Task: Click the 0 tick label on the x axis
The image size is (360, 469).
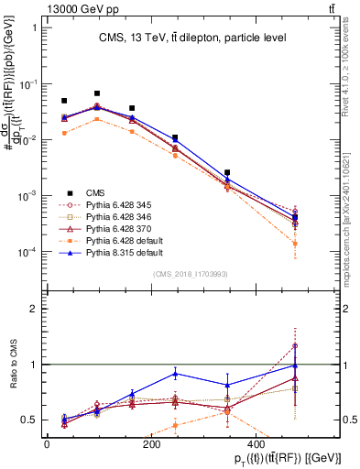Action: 47,442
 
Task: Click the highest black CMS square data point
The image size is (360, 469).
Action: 96,93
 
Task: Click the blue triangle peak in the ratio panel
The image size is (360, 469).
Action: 175,374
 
